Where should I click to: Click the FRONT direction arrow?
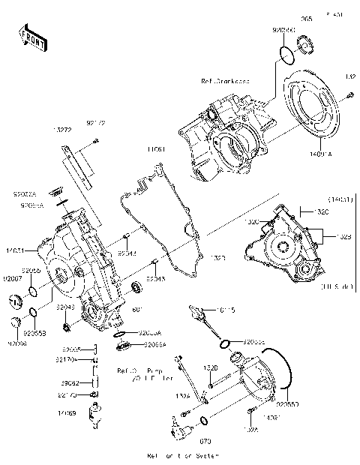tap(31, 38)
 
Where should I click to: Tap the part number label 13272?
tap(63, 130)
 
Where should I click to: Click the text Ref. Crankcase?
tap(225, 80)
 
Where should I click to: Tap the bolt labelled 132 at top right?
tap(349, 95)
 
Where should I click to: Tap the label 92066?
tap(16, 343)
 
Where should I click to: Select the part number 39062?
tap(70, 382)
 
